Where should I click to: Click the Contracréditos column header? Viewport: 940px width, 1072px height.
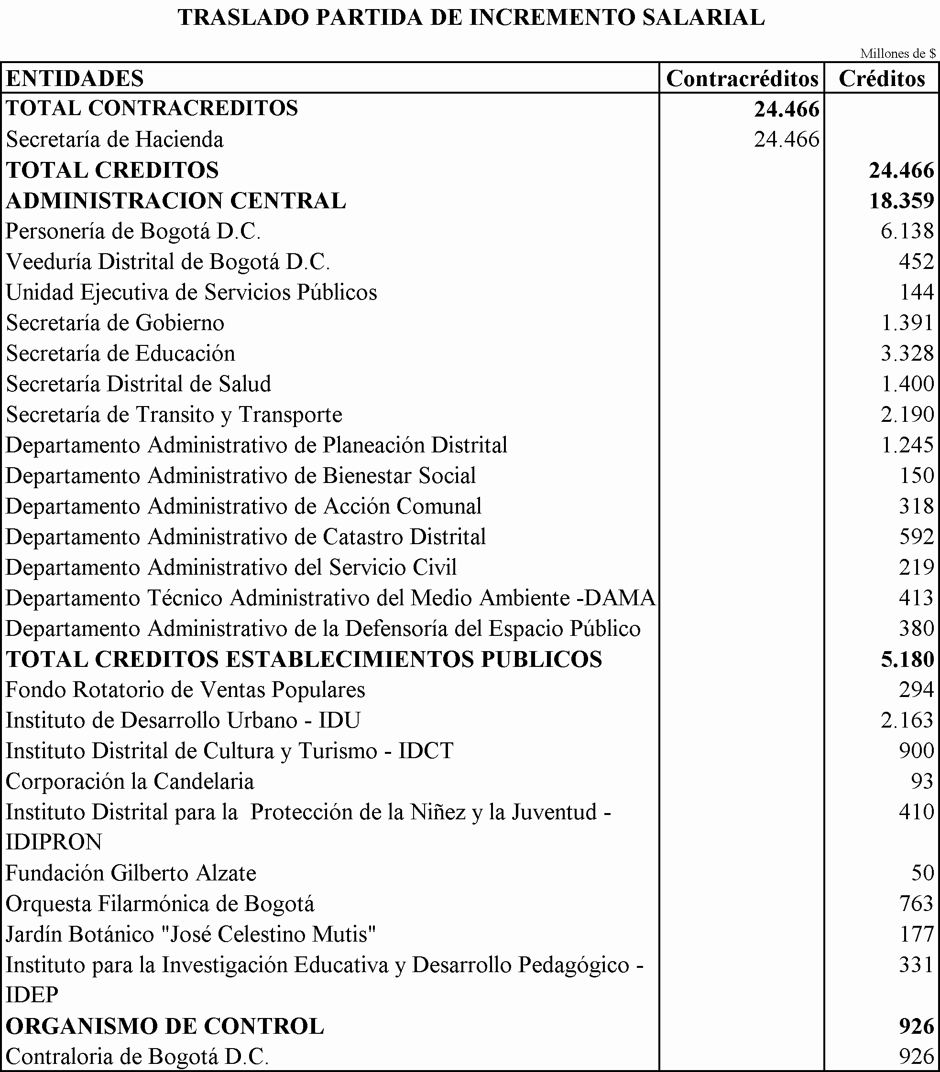pos(742,79)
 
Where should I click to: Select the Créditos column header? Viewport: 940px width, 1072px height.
pos(882,79)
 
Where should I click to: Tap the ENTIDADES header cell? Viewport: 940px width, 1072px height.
pos(75,79)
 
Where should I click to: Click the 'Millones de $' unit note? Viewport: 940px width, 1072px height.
pos(897,54)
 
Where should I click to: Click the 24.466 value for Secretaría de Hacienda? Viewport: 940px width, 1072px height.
pos(787,139)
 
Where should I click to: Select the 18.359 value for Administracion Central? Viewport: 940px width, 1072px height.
pos(901,201)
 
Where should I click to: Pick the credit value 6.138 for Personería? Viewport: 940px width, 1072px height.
pos(907,231)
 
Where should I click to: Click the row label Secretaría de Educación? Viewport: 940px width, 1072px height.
pos(120,354)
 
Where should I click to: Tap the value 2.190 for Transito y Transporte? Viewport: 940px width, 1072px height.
pos(907,415)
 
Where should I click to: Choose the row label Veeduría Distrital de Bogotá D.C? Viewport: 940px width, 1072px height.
pos(167,262)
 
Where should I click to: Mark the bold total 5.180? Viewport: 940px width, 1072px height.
pos(907,659)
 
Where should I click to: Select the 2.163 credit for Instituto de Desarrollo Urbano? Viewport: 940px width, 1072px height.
pos(907,720)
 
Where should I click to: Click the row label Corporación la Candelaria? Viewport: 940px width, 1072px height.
pos(130,782)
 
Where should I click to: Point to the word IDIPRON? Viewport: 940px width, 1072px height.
pos(54,842)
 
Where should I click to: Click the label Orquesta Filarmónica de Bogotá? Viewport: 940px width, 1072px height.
pos(160,904)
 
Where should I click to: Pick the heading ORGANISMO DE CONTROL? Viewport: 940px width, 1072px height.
pos(164,1026)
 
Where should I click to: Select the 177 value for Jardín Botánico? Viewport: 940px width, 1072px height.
pos(917,934)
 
